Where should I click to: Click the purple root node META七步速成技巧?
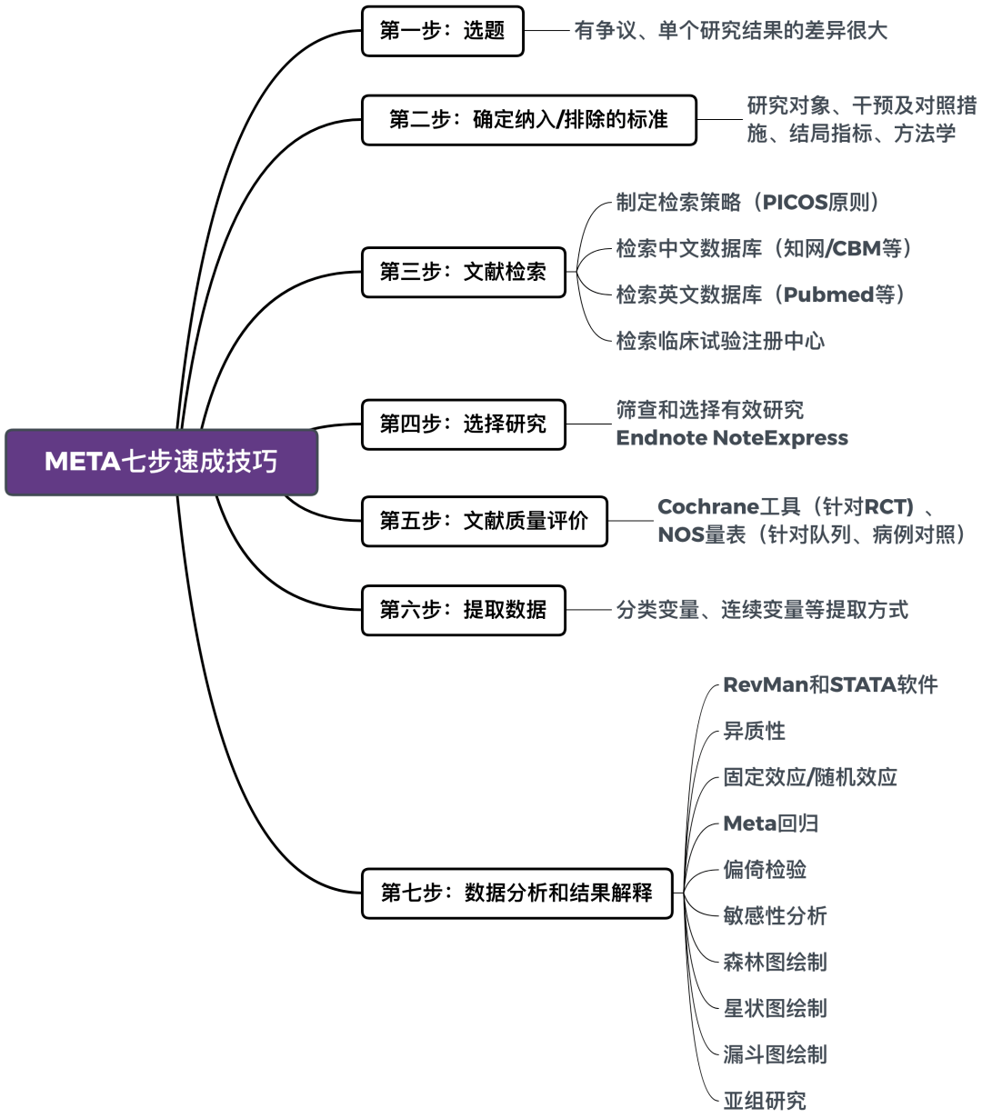[x=161, y=462]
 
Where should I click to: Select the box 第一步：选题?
[x=442, y=31]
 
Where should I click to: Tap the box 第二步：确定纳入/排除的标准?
[x=528, y=120]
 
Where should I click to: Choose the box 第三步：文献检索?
[x=463, y=272]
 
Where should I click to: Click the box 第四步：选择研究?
[x=463, y=424]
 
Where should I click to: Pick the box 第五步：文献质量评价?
[x=484, y=521]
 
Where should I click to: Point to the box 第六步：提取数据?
[x=463, y=610]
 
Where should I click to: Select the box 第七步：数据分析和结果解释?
[x=516, y=893]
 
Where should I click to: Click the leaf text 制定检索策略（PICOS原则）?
[x=747, y=202]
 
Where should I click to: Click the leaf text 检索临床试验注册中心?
[x=720, y=341]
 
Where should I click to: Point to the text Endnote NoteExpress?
[x=732, y=438]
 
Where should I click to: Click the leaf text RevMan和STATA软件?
[x=830, y=684]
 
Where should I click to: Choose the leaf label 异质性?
[x=754, y=731]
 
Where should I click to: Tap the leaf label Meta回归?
[x=771, y=824]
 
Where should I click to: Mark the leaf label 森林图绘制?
[x=775, y=962]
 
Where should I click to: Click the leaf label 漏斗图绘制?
[x=775, y=1054]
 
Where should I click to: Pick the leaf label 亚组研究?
[x=765, y=1101]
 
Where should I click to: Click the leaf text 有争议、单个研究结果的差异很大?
[x=730, y=31]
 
